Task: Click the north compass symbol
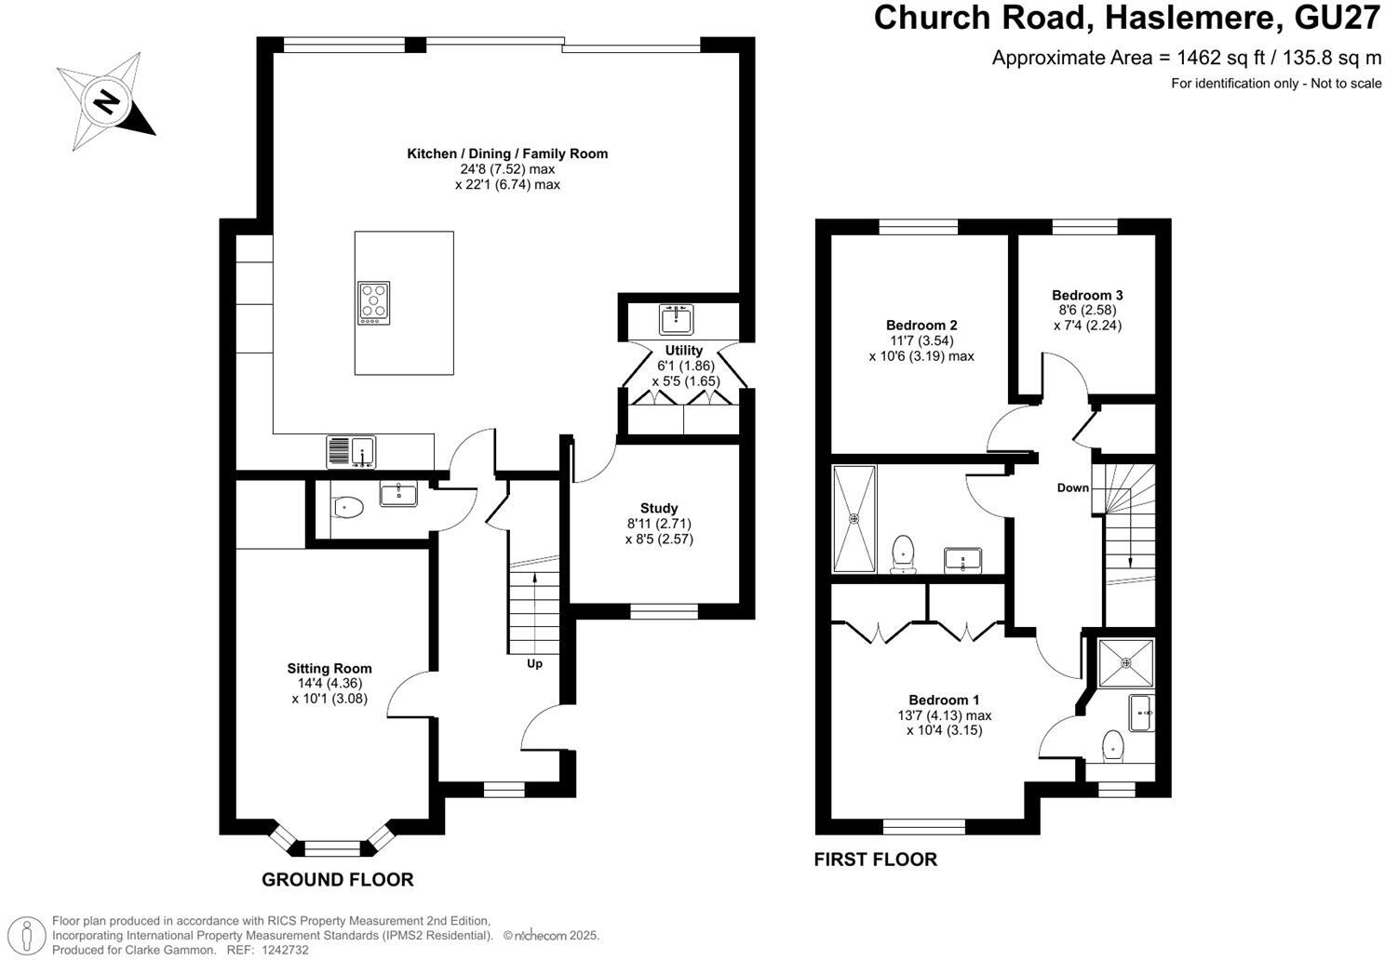click(106, 100)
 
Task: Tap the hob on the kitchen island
click(373, 303)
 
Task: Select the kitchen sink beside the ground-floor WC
click(350, 452)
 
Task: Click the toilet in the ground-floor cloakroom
click(347, 507)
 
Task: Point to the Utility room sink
click(677, 319)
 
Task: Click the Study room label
click(659, 509)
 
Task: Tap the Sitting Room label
click(329, 668)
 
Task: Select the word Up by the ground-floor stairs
click(535, 663)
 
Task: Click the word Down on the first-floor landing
click(1072, 487)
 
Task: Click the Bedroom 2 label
click(921, 326)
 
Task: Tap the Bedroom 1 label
click(944, 700)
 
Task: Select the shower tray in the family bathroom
click(854, 519)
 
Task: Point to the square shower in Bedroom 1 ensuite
click(1125, 662)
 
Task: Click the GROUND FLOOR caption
click(337, 879)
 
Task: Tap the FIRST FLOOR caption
click(875, 860)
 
